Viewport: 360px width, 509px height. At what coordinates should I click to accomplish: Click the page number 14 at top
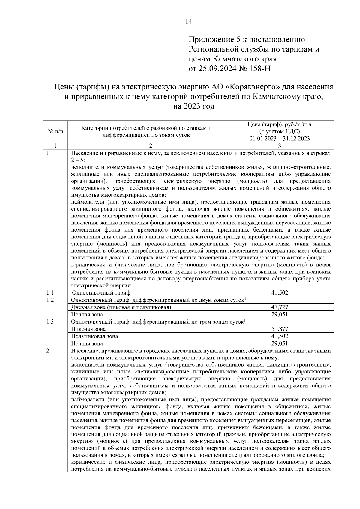coord(189,21)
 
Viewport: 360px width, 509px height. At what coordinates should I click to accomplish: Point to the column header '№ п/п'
coord(55,131)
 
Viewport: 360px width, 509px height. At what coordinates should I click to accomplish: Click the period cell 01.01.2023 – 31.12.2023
coord(279,139)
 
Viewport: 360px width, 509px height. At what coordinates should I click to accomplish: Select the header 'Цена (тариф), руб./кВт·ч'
coord(279,125)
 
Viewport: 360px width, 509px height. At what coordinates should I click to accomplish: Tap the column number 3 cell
coord(279,146)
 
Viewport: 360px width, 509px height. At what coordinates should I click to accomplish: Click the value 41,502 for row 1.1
coord(279,292)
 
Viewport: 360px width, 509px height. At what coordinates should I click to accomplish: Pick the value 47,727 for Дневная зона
coord(279,307)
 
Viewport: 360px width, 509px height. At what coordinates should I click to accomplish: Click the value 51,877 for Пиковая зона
coord(279,329)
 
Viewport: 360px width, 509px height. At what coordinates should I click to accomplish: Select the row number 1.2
coord(50,300)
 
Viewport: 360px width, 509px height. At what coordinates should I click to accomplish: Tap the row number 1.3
coord(50,322)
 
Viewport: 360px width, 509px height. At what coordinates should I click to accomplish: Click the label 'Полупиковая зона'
coord(94,336)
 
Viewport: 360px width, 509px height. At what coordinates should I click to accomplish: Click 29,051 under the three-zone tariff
coord(279,343)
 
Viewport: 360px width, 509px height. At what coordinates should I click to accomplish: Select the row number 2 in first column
coord(48,351)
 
